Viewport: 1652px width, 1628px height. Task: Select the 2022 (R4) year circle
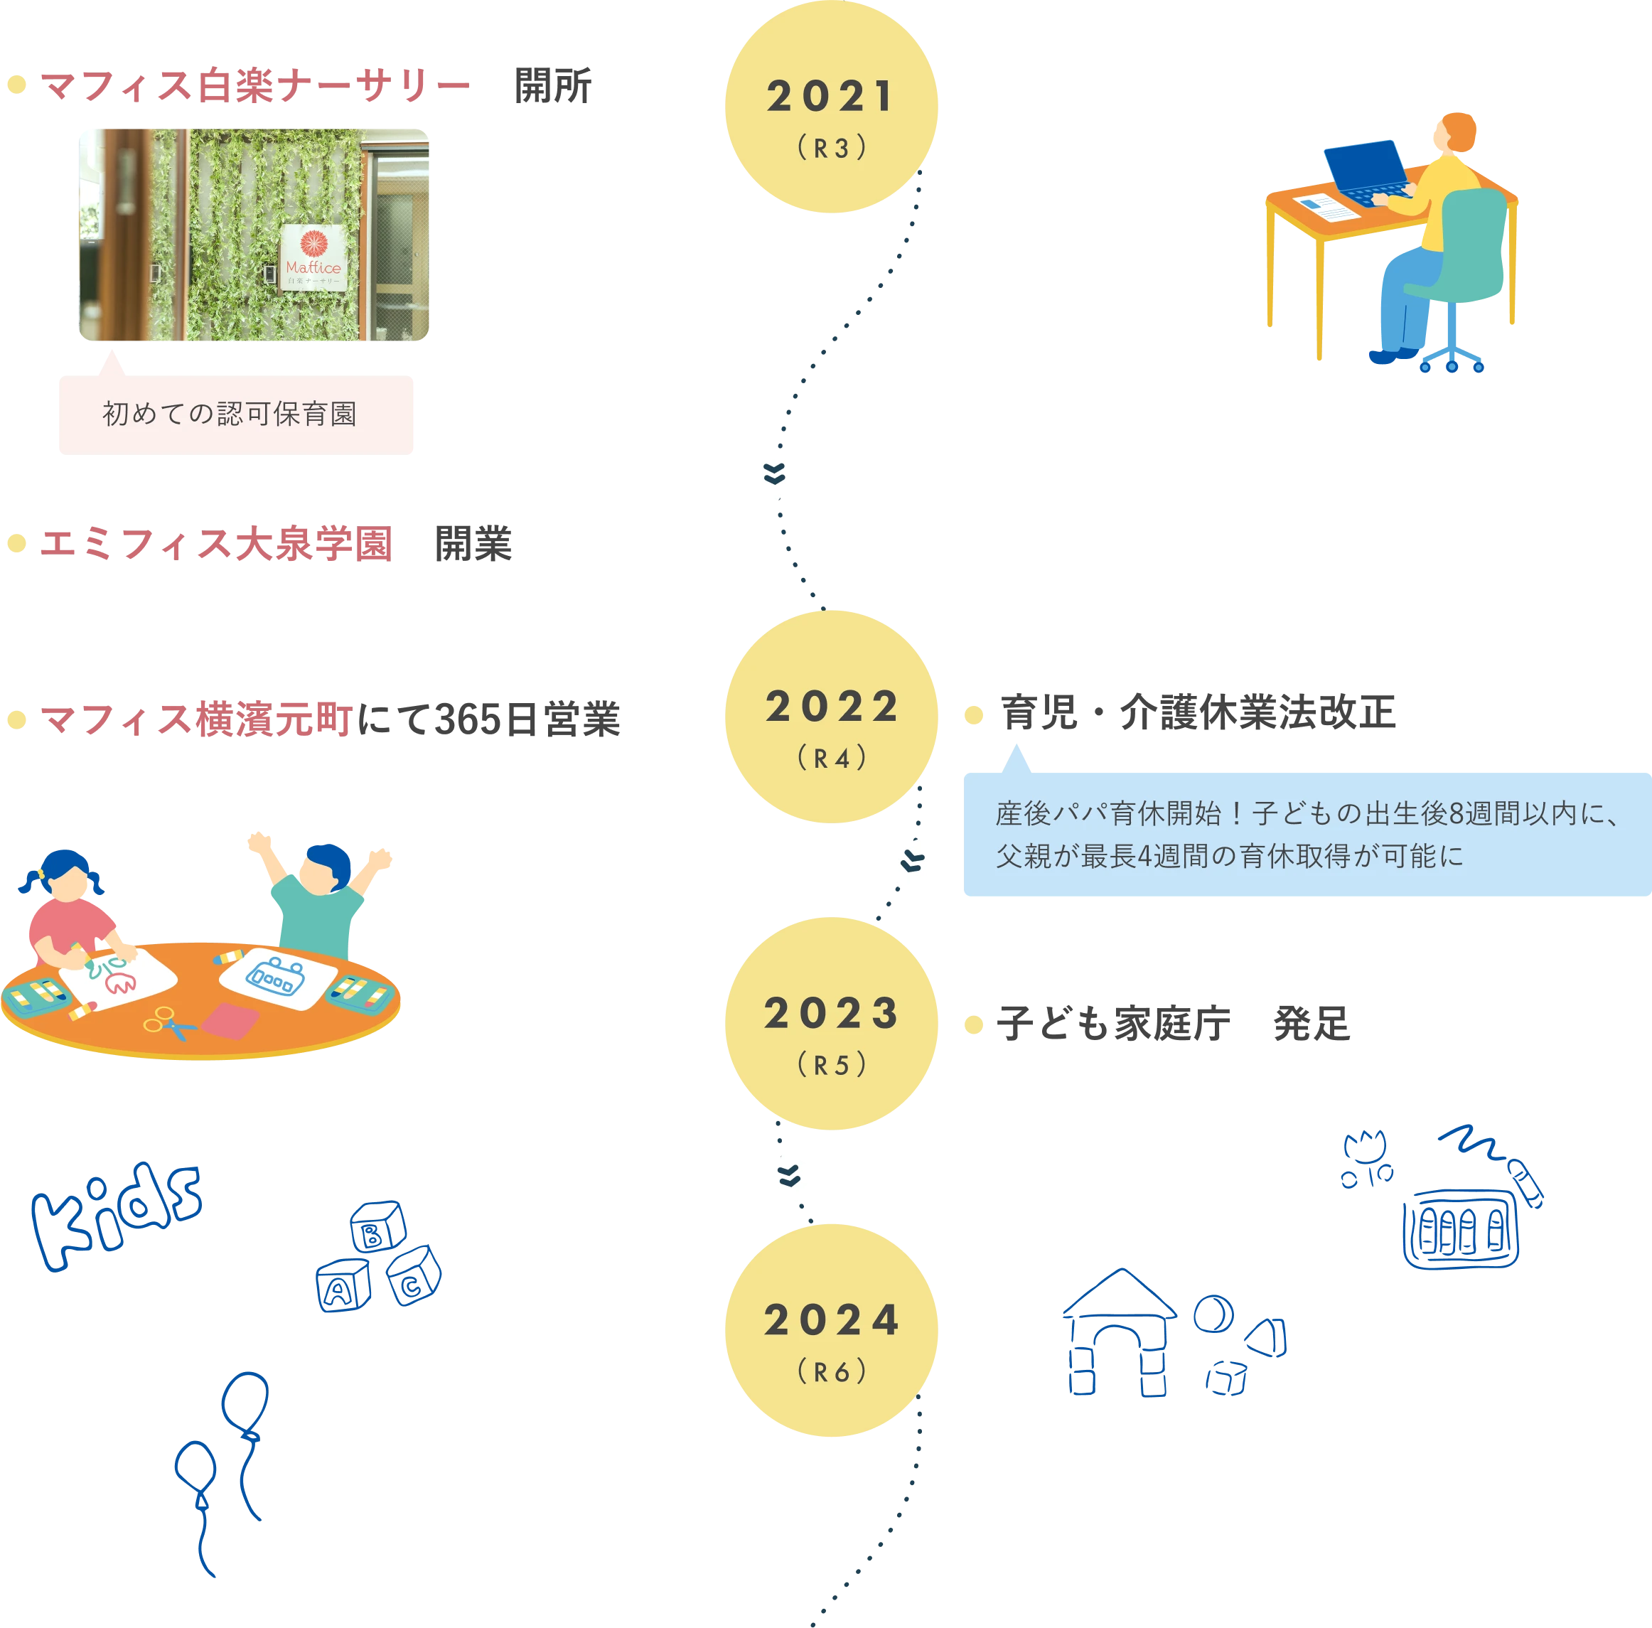pos(830,717)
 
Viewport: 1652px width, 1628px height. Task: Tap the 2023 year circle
pos(830,1024)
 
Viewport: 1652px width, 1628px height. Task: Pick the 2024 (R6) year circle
pos(830,1329)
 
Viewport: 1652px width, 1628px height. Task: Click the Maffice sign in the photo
pos(313,257)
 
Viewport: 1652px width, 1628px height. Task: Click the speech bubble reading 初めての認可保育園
pos(235,414)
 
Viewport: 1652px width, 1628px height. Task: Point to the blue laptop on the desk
pos(1366,171)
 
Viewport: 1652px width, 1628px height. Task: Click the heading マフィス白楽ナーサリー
pos(254,86)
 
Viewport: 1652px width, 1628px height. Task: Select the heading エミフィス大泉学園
pos(215,544)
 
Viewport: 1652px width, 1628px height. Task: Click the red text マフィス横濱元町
pos(195,719)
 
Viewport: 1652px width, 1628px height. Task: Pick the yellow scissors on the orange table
pos(169,1022)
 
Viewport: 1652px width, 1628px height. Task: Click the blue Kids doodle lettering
pos(115,1214)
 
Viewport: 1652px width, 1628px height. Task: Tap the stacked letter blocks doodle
pos(378,1257)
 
